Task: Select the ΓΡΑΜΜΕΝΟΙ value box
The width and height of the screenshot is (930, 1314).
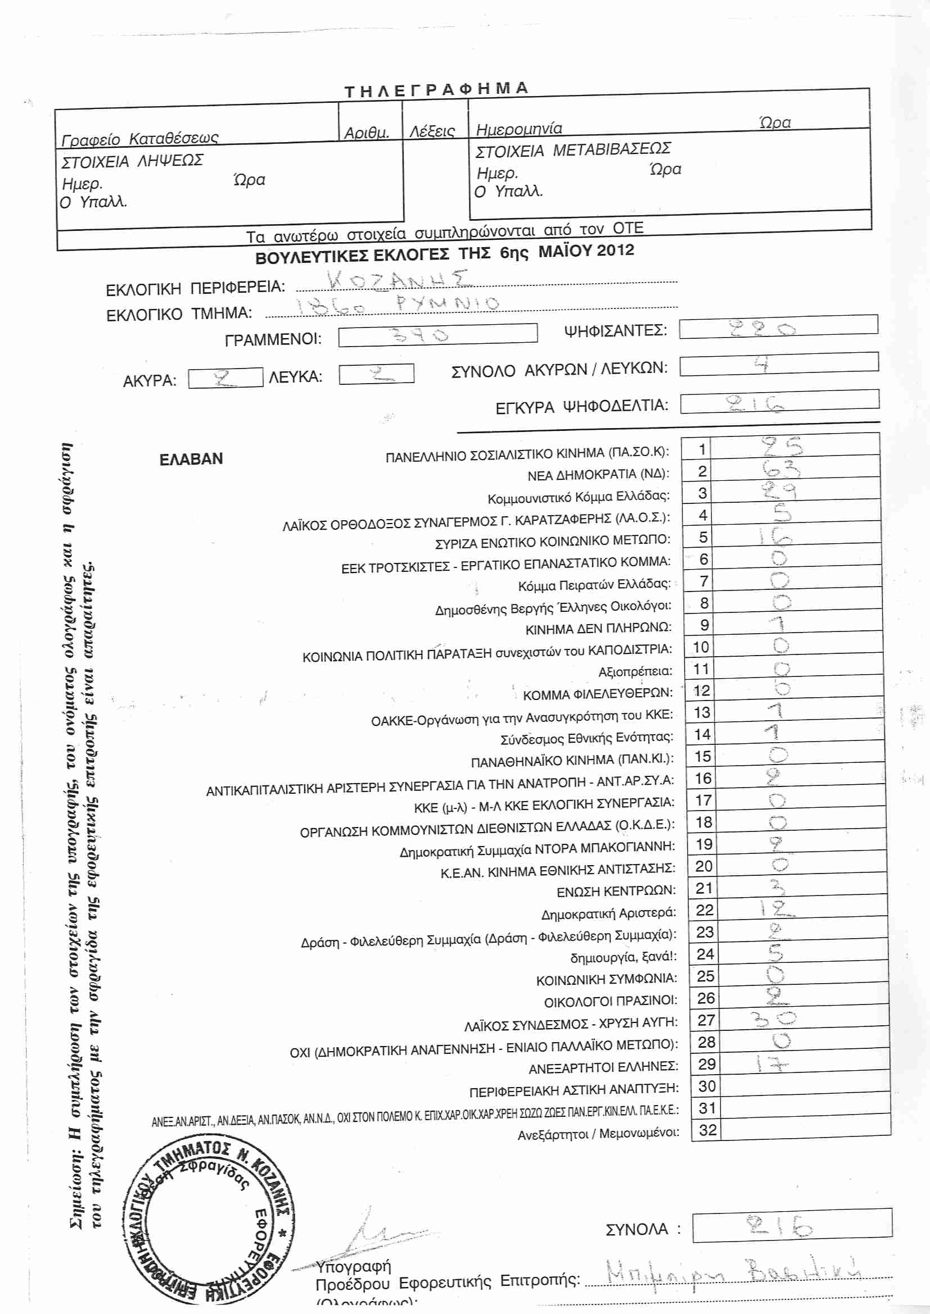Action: (437, 335)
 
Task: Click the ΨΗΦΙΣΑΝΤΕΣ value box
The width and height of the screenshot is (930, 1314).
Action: (778, 326)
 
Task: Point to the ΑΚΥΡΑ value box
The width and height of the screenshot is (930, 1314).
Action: (225, 378)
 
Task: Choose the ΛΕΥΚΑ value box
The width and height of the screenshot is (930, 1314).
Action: (376, 374)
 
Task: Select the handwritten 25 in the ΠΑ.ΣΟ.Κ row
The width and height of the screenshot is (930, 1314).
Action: (782, 446)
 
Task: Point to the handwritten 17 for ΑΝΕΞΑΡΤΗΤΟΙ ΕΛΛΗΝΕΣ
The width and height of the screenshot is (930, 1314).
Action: (771, 1064)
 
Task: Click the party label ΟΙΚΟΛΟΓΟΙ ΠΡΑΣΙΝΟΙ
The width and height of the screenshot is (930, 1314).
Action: (611, 1002)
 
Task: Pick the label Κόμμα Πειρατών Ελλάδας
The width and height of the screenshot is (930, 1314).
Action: (594, 585)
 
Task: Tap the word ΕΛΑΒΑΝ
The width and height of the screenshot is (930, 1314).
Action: (191, 459)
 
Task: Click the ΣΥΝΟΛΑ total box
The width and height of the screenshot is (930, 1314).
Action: (792, 1227)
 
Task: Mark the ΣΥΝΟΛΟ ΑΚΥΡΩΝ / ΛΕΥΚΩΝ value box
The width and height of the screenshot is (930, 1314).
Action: (779, 364)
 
